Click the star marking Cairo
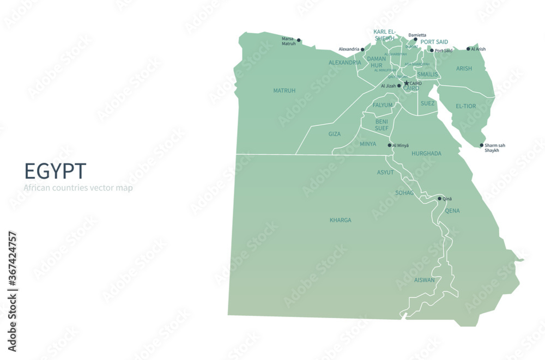click(406, 83)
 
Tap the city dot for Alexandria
click(362, 49)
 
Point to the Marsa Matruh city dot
click(299, 40)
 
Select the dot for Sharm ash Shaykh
click(481, 145)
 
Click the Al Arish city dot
click(468, 49)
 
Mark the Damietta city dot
click(415, 39)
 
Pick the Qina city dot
click(439, 199)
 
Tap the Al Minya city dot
click(389, 145)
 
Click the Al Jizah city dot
click(399, 86)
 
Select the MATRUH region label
click(284, 91)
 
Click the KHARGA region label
click(340, 221)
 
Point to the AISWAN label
click(425, 280)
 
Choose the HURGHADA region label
click(426, 154)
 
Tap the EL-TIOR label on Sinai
click(465, 106)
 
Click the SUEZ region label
click(428, 103)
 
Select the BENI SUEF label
click(381, 125)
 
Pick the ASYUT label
click(385, 173)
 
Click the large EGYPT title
click(55, 171)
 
